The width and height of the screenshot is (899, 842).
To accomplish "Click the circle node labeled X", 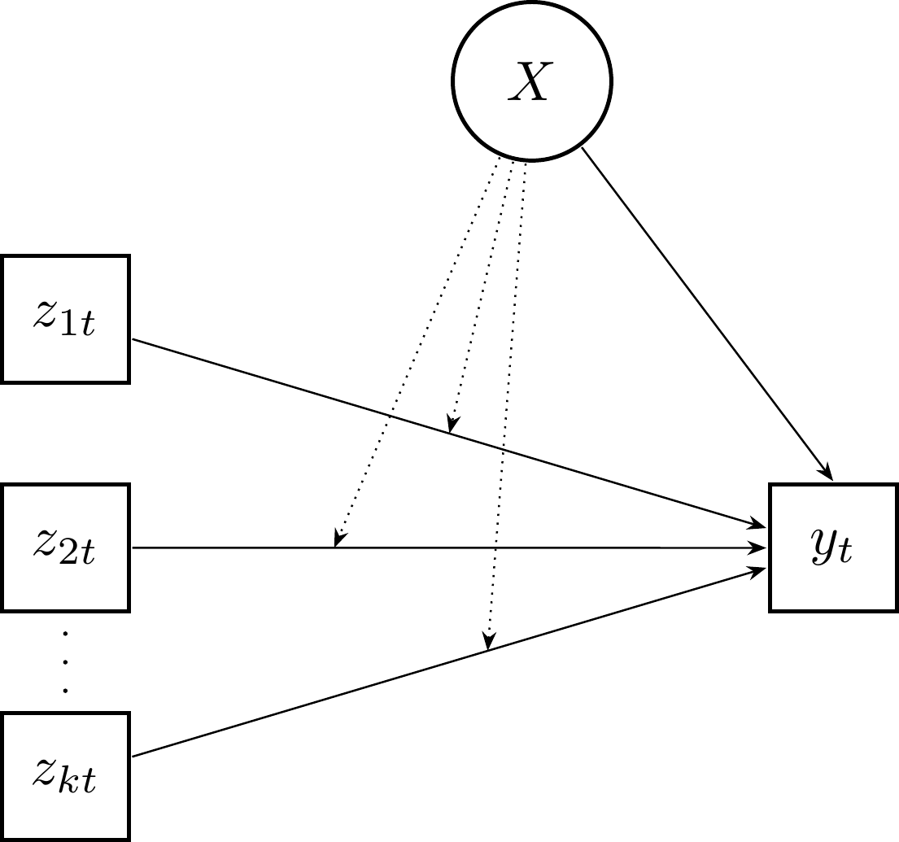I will [532, 82].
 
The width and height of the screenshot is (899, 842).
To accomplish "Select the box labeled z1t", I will [65, 319].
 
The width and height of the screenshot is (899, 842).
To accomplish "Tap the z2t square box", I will [65, 548].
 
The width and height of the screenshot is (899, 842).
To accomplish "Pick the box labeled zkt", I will [65, 776].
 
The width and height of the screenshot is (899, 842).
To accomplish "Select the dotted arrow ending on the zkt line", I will [506, 407].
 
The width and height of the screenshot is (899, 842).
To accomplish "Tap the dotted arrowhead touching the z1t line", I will [452, 425].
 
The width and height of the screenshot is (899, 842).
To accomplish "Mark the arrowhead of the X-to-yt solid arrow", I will [827, 472].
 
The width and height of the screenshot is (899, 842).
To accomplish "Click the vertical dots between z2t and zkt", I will [65, 661].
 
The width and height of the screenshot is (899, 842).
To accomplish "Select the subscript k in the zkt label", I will [72, 785].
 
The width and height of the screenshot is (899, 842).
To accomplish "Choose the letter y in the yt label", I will [823, 550].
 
